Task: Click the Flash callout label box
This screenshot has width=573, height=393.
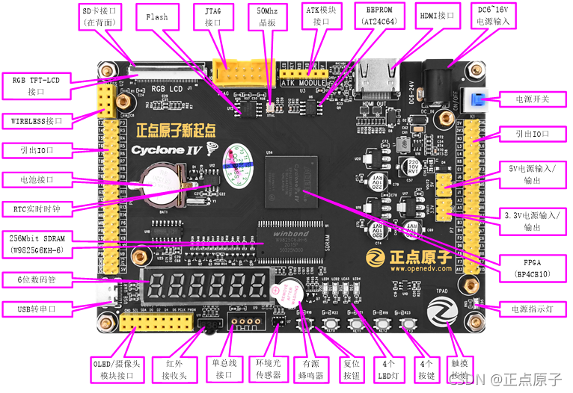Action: [x=157, y=17]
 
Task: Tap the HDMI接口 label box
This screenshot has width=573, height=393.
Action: [x=438, y=15]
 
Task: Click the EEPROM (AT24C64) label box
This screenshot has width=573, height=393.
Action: [x=379, y=17]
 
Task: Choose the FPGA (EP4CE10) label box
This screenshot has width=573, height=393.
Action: [x=532, y=268]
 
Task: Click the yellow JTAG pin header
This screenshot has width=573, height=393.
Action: [x=232, y=72]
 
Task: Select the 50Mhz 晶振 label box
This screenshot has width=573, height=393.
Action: [x=269, y=17]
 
